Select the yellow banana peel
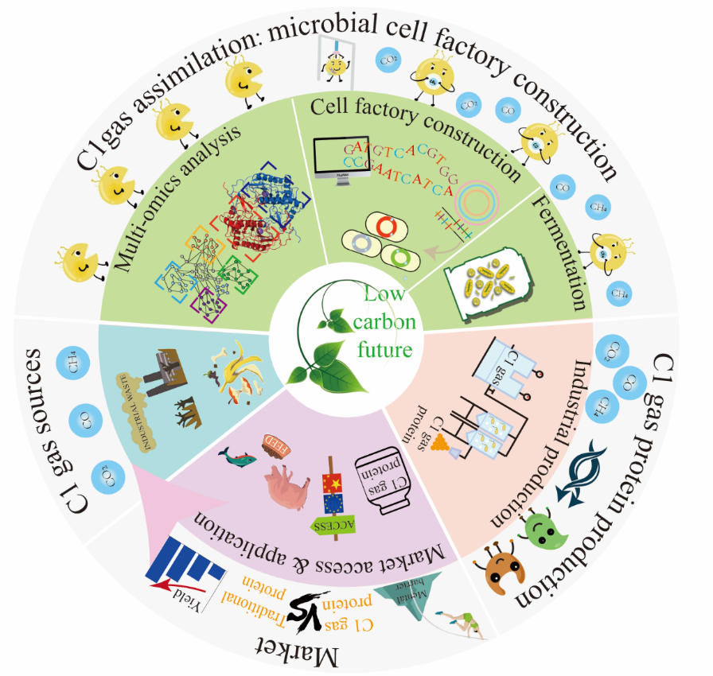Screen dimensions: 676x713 point(238,372)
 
